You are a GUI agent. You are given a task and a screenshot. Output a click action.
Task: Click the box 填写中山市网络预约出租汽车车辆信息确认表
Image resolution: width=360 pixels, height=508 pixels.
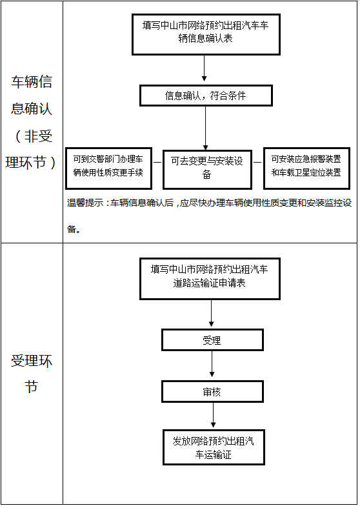tap(206, 34)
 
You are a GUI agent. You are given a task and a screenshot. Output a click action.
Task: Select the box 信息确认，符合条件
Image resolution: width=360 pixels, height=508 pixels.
tap(206, 96)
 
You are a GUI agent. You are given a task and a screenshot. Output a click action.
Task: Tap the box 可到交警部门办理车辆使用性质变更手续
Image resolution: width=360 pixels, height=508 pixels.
tap(109, 168)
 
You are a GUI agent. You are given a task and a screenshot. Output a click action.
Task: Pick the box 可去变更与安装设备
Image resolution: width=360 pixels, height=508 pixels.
tap(207, 170)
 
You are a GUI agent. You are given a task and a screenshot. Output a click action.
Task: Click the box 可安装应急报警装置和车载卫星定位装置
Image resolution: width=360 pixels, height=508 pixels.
tap(306, 168)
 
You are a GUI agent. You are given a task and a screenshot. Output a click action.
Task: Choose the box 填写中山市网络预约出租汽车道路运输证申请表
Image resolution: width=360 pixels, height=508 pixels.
tap(210, 279)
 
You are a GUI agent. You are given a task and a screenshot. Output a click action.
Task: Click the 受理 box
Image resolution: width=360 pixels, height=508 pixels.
tap(212, 340)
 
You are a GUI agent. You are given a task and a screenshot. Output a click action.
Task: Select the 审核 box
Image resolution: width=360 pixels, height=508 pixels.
tap(212, 392)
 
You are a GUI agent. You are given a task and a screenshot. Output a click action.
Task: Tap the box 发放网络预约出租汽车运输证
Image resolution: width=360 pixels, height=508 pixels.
tap(214, 447)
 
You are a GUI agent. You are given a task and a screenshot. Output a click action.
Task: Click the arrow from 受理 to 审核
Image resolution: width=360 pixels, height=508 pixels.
tap(212, 364)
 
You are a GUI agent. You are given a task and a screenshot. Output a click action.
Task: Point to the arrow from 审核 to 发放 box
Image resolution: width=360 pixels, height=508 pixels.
tap(213, 415)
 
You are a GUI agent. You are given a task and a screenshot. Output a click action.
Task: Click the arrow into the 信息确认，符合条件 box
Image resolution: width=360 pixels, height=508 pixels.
tap(204, 68)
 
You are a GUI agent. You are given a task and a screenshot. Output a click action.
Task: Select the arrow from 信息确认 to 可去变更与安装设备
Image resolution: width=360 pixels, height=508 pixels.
tap(205, 128)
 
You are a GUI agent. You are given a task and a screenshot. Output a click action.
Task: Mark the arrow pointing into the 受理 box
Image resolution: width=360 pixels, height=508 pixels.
tap(211, 313)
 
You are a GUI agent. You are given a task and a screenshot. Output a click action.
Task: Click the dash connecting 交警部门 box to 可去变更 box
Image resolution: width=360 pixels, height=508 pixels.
tap(157, 162)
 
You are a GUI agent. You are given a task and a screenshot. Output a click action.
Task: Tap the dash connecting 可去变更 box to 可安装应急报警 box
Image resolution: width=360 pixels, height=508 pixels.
tap(257, 162)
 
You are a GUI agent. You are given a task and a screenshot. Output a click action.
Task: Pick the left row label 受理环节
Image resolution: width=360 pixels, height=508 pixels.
tap(32, 374)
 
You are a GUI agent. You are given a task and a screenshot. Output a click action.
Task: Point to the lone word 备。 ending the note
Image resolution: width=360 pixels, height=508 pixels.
tap(74, 229)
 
